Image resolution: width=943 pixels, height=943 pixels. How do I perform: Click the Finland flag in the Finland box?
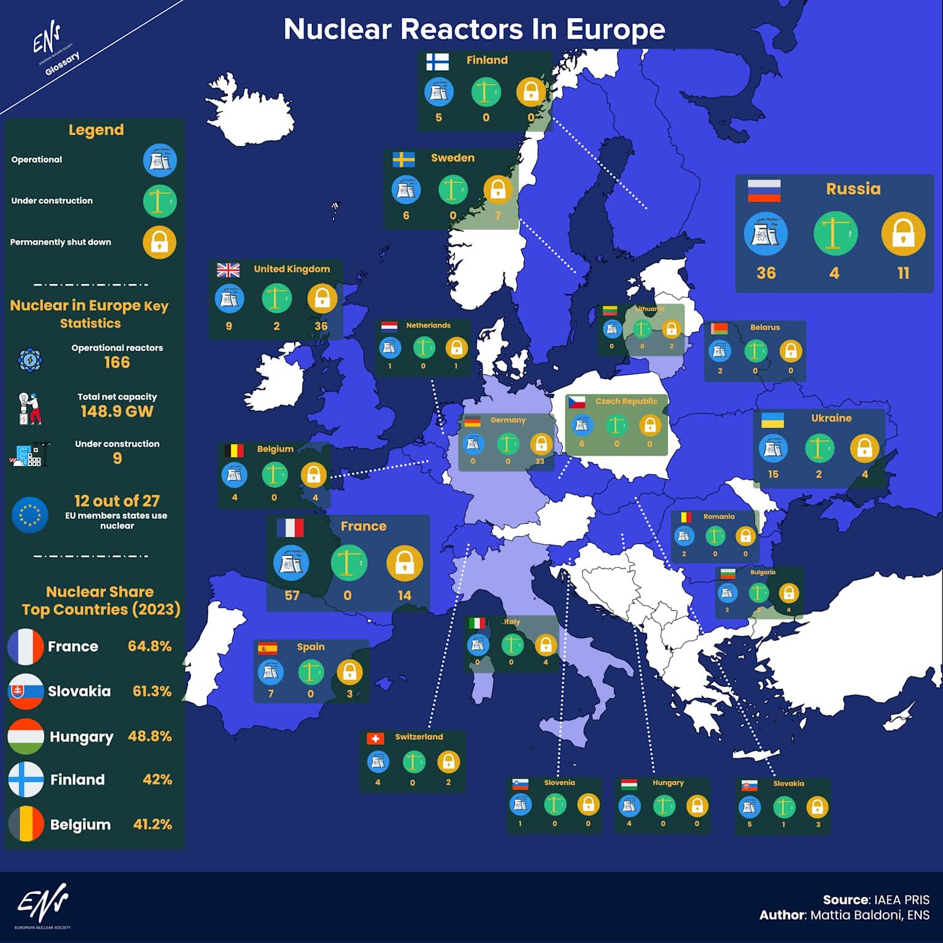pyautogui.click(x=438, y=61)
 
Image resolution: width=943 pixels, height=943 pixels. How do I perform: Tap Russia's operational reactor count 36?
pyautogui.click(x=766, y=273)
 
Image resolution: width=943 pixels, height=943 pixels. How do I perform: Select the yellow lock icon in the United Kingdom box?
pyautogui.click(x=322, y=298)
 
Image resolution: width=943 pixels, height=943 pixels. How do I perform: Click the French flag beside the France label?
pyautogui.click(x=290, y=528)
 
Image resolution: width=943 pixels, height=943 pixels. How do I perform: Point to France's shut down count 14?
pyautogui.click(x=404, y=596)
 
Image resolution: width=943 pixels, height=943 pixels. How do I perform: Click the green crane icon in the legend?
pyautogui.click(x=160, y=201)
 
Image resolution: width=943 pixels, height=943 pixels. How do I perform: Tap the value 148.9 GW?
pyautogui.click(x=117, y=411)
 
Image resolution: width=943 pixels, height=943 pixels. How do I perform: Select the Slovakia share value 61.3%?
pyautogui.click(x=152, y=691)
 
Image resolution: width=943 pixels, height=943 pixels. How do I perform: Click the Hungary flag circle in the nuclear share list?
pyautogui.click(x=26, y=736)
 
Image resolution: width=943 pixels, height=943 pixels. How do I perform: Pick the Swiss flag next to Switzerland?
pyautogui.click(x=375, y=738)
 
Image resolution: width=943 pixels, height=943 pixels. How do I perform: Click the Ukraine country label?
pyautogui.click(x=831, y=418)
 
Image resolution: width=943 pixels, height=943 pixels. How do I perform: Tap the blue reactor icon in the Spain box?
pyautogui.click(x=270, y=672)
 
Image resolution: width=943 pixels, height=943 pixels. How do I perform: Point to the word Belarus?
pyautogui.click(x=765, y=327)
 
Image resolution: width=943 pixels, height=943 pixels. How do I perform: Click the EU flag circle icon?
pyautogui.click(x=29, y=514)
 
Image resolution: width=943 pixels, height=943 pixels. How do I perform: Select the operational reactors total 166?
pyautogui.click(x=117, y=362)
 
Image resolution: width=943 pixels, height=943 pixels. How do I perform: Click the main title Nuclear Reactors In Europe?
pyautogui.click(x=474, y=29)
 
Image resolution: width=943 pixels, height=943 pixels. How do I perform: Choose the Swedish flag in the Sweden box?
pyautogui.click(x=403, y=160)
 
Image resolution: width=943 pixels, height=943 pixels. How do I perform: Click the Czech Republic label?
pyautogui.click(x=626, y=402)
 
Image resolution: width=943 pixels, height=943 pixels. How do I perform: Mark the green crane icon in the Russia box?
pyautogui.click(x=835, y=234)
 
